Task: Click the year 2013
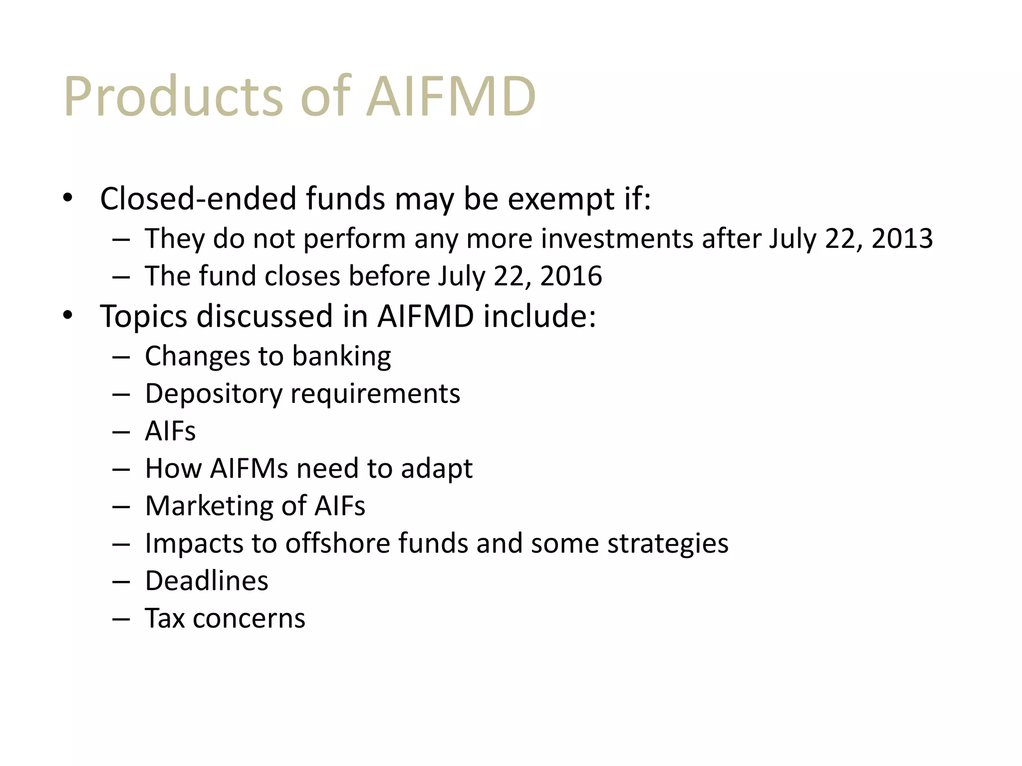(x=902, y=238)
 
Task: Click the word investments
(x=617, y=238)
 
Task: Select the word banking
(x=341, y=356)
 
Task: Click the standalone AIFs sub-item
(x=170, y=431)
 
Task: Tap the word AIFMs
(x=249, y=468)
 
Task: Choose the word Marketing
(x=226, y=506)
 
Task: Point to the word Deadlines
(x=207, y=581)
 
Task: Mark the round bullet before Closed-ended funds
(x=68, y=198)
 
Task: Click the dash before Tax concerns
(x=121, y=619)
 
